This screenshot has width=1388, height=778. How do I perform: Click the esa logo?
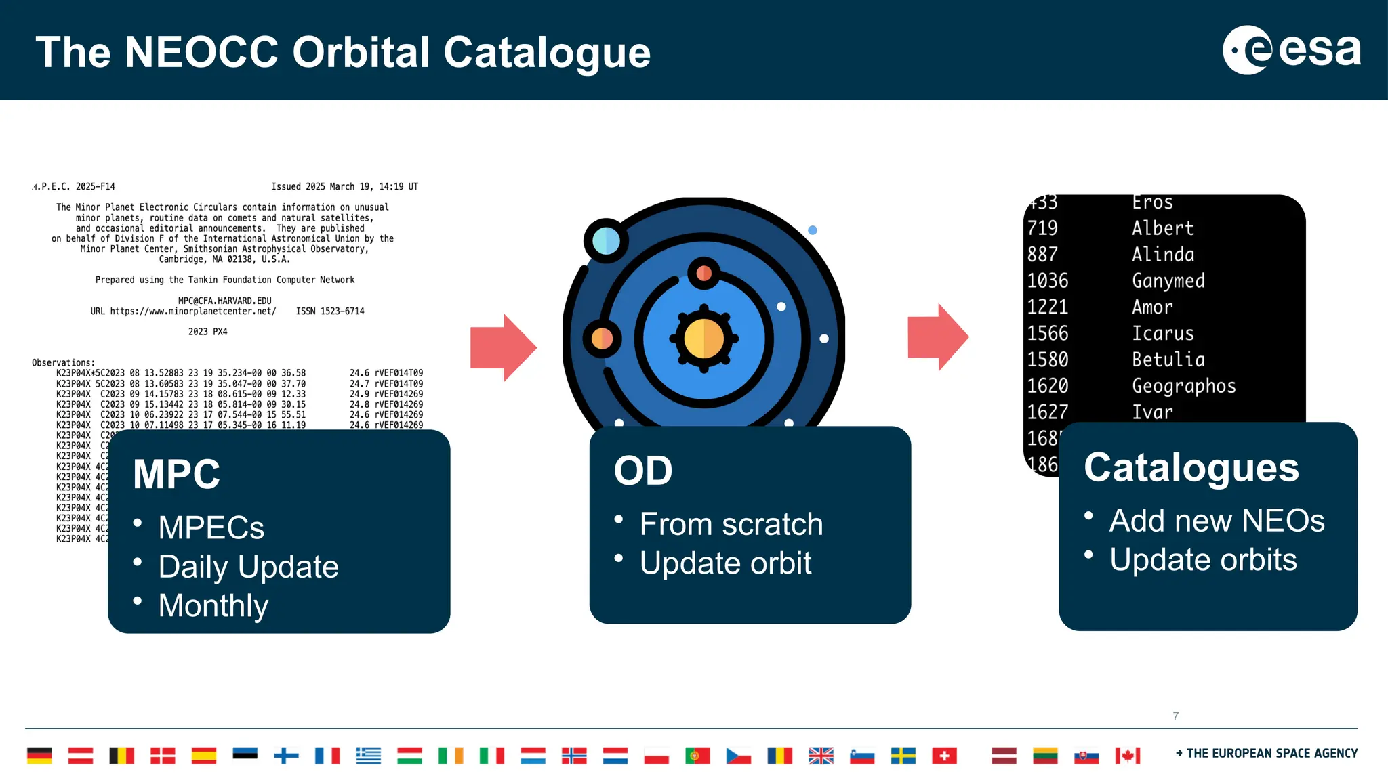coord(1291,50)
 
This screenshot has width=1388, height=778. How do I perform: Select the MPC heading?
coord(176,474)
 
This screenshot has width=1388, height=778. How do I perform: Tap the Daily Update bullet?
coord(248,567)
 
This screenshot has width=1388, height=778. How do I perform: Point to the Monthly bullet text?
coord(213,605)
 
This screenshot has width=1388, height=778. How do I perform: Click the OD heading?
coord(642,471)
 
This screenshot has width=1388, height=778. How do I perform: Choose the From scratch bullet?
coord(731,524)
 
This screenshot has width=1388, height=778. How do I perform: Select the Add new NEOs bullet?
coord(1216,521)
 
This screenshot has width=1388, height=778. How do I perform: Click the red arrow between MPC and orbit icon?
coord(503,347)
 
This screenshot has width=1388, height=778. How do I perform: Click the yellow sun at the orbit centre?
coord(703,339)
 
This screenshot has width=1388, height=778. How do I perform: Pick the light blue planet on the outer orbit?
coord(605,241)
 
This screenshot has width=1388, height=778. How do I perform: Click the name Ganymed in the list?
coord(1168,280)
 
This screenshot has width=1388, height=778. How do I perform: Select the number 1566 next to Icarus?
coord(1047,333)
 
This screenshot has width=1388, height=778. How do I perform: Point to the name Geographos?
coord(1183,386)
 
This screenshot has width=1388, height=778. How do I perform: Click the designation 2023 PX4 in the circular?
coord(207,332)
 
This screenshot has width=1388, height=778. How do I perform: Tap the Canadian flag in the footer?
coord(1128,756)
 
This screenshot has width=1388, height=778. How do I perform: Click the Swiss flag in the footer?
coord(944,756)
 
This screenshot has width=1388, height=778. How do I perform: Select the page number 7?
coord(1176,716)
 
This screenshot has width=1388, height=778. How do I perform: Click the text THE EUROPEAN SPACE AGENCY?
coord(1271,754)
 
